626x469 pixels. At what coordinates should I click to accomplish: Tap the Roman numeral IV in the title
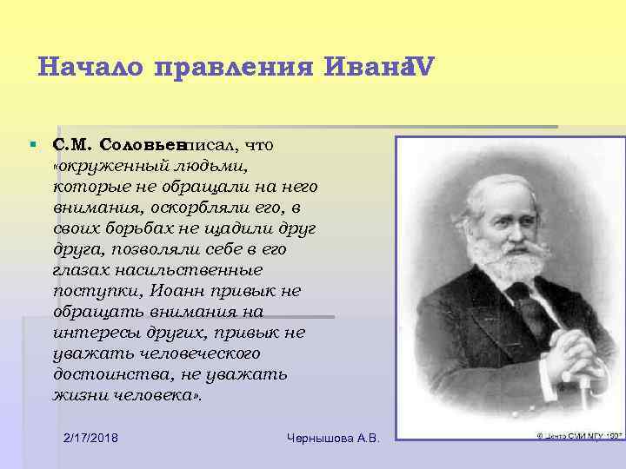418,66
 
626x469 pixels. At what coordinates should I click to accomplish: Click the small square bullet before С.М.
31,142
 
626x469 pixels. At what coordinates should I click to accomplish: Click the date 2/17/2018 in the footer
91,436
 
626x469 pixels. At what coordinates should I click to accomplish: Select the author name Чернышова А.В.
334,436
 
